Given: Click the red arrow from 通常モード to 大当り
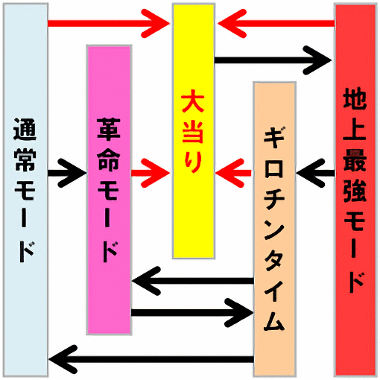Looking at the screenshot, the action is (109, 24).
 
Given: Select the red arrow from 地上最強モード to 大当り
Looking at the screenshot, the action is (276, 24).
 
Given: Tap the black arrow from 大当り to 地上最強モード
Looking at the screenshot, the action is (273, 60).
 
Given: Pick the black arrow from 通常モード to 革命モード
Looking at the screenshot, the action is (67, 173).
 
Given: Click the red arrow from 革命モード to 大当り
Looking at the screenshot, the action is (151, 173).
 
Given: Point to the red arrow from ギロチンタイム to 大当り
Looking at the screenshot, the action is (233, 173).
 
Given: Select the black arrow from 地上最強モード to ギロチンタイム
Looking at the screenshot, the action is (315, 173).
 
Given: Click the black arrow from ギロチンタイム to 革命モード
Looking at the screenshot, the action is (193, 281).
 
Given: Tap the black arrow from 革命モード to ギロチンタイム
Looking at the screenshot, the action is (192, 313).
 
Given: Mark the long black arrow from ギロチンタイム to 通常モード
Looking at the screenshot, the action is (151, 359).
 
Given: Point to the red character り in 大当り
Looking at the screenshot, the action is (193, 162).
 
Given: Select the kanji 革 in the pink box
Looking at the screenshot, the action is (109, 129).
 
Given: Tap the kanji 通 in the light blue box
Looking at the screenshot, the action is (25, 129).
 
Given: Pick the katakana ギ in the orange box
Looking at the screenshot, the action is (274, 138).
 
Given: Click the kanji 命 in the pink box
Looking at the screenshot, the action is (109, 159).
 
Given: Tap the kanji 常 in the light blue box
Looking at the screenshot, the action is (25, 159).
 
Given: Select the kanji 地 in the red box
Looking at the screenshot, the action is (355, 99).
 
